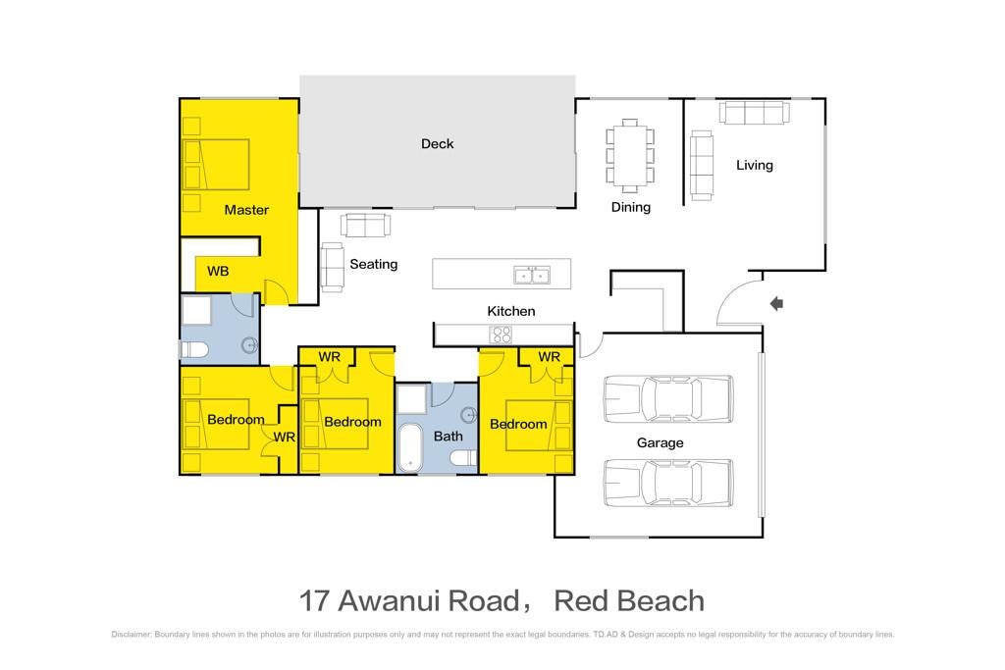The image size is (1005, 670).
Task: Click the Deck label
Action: [437, 144]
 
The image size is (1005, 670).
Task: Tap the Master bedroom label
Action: [246, 210]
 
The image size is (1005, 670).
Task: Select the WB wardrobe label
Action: [218, 272]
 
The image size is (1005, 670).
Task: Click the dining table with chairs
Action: [630, 156]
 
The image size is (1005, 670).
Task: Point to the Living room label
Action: [755, 165]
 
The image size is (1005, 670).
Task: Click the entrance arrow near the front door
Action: [777, 304]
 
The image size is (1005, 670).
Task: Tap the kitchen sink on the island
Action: [532, 275]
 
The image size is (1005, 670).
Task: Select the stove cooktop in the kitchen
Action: [501, 335]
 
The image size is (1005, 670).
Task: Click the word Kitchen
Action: [510, 311]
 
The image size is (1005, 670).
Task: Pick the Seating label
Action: [374, 264]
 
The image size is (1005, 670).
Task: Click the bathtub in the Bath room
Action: [409, 447]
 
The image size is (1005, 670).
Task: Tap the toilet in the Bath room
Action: [464, 458]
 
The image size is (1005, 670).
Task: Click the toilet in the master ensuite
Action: [194, 350]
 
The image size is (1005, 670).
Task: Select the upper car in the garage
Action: [668, 398]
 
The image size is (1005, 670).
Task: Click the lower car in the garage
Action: [668, 483]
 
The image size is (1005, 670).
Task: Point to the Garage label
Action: [660, 442]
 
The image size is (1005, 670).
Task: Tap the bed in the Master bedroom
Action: [216, 165]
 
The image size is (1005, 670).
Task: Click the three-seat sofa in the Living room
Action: [755, 113]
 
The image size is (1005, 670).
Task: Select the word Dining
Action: [631, 208]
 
